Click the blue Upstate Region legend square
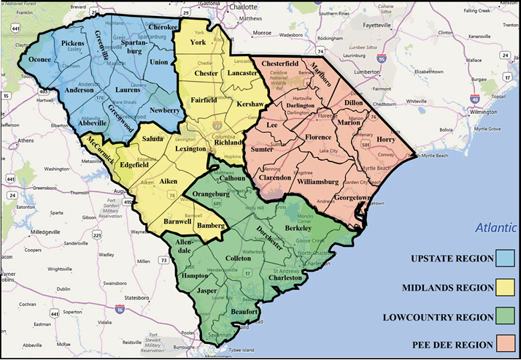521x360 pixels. point(504,258)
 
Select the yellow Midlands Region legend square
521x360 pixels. point(504,288)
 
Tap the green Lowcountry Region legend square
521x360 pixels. point(504,317)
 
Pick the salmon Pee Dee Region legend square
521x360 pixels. point(504,344)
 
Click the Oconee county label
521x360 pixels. point(41,60)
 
